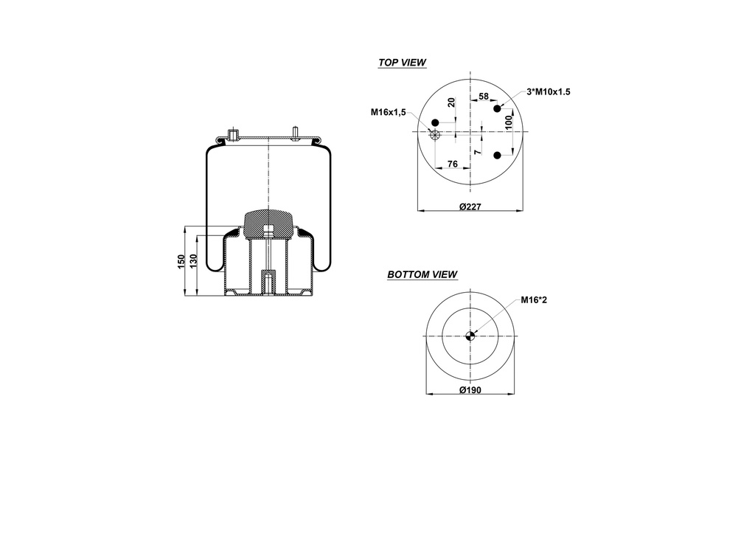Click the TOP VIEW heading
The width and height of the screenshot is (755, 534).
pyautogui.click(x=402, y=63)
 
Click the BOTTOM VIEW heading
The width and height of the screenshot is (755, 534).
pyautogui.click(x=422, y=275)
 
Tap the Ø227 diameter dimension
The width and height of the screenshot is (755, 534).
pyautogui.click(x=470, y=207)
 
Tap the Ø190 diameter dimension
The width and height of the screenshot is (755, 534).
pyautogui.click(x=470, y=390)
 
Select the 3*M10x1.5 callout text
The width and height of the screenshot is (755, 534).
pyautogui.click(x=549, y=91)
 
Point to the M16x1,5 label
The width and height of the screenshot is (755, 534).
pyautogui.click(x=389, y=111)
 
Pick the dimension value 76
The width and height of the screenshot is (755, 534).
pyautogui.click(x=453, y=163)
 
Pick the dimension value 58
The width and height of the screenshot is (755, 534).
pyautogui.click(x=484, y=97)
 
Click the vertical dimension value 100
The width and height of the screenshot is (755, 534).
pyautogui.click(x=508, y=120)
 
